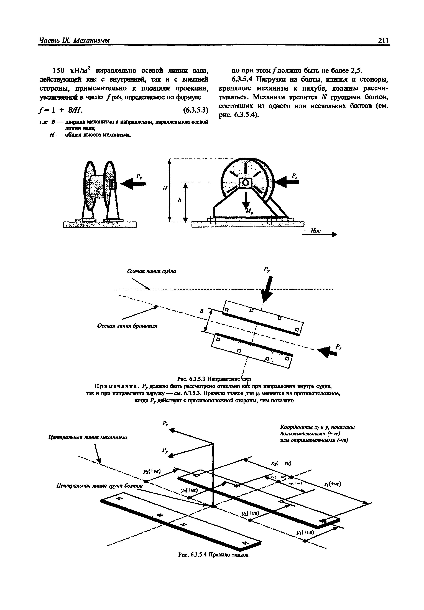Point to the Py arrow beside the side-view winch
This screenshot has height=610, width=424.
[133, 183]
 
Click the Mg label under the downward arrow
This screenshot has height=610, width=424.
[249, 211]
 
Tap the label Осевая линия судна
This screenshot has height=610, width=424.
[152, 271]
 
